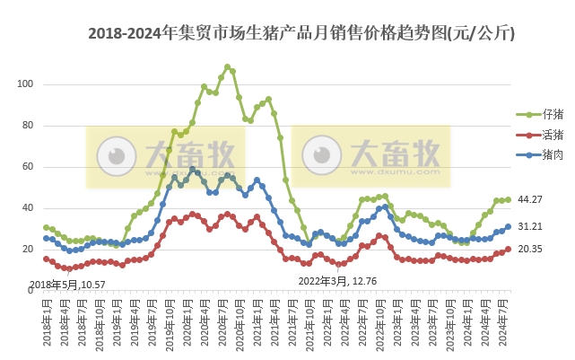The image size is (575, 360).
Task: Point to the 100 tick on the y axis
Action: (x=25, y=84)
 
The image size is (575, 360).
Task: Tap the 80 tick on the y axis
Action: (x=27, y=126)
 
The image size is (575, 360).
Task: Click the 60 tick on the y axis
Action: (x=27, y=167)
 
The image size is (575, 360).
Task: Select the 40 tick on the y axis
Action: (x=27, y=208)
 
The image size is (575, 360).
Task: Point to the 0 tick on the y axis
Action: (x=30, y=291)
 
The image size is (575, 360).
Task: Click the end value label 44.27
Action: (x=531, y=199)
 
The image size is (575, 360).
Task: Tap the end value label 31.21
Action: (x=531, y=227)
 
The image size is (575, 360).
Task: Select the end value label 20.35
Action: (x=531, y=250)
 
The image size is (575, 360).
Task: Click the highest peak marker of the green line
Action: (x=227, y=66)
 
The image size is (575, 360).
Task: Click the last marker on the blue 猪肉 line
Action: (x=508, y=227)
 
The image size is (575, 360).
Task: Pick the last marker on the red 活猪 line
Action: (x=508, y=249)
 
